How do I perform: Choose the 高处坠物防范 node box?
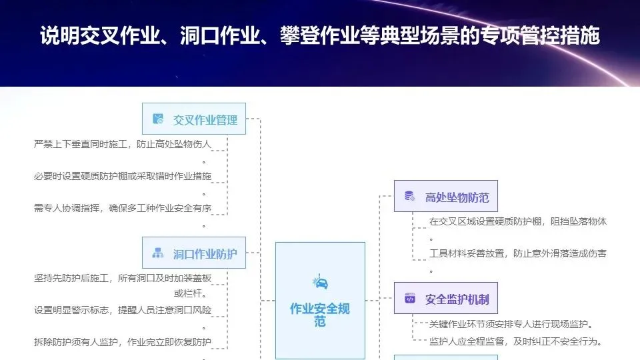click(x=446, y=197)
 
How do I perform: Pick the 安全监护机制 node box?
click(x=446, y=299)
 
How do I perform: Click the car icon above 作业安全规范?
click(x=320, y=283)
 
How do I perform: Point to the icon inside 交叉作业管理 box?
click(x=158, y=119)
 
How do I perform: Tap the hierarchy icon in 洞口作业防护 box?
click(x=158, y=253)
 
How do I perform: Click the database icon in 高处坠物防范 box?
click(x=410, y=197)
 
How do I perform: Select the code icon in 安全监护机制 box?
click(x=410, y=299)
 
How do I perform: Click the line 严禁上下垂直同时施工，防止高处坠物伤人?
click(x=123, y=144)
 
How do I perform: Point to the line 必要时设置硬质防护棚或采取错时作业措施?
click(x=123, y=177)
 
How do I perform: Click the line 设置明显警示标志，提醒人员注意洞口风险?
click(x=123, y=310)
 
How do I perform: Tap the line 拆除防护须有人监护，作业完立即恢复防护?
click(x=123, y=343)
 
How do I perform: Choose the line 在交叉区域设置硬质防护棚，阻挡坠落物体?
click(x=517, y=221)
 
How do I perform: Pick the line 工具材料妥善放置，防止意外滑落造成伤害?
click(x=517, y=253)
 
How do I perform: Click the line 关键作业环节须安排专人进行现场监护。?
click(x=511, y=325)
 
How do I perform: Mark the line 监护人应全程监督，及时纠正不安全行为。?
click(x=516, y=342)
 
